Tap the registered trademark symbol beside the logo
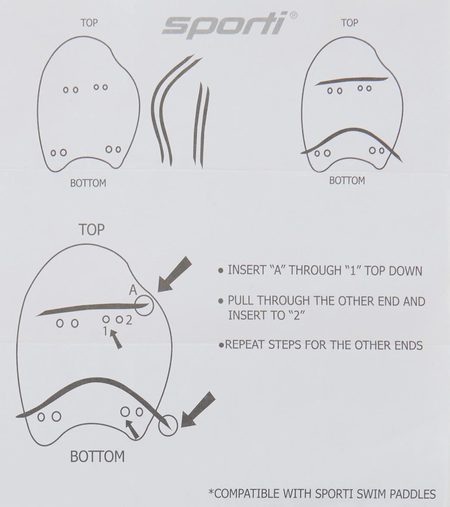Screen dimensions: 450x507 coord(293,15)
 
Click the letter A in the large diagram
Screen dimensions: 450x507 coord(133,290)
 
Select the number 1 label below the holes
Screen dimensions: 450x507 coord(105,331)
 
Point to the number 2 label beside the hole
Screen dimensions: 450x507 coord(129,320)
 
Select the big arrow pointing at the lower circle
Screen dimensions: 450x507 coord(198,410)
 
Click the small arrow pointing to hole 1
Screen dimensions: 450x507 coord(116,339)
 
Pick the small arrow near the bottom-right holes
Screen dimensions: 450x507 coord(133,429)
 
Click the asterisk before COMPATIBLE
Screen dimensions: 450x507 coord(211,492)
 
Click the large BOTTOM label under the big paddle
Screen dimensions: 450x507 coord(97,457)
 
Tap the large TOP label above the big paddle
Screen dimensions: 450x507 coord(91,229)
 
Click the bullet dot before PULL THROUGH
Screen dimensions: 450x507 coord(221,301)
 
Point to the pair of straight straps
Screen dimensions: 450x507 coord(202,125)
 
